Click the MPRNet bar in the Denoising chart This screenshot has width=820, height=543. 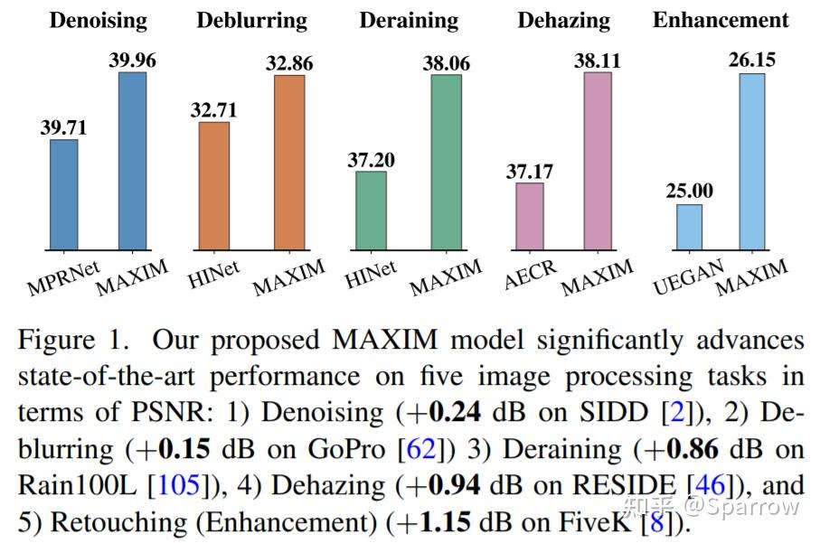pos(63,194)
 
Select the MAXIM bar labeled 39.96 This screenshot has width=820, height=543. pos(132,161)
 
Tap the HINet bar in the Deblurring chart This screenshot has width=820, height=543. pos(214,185)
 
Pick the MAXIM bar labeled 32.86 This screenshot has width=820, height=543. pos(289,163)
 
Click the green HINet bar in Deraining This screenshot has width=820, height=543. pos(371,210)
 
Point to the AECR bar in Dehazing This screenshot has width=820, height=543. pos(530,216)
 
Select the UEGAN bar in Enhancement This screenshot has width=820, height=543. pos(689,227)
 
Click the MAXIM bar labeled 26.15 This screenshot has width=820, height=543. pos(751,161)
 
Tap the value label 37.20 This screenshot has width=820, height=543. pos(372,160)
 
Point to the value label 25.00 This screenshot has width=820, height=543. pos(689,192)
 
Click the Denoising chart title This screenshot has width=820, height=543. pos(98,20)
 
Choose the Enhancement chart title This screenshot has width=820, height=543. pos(721,20)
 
